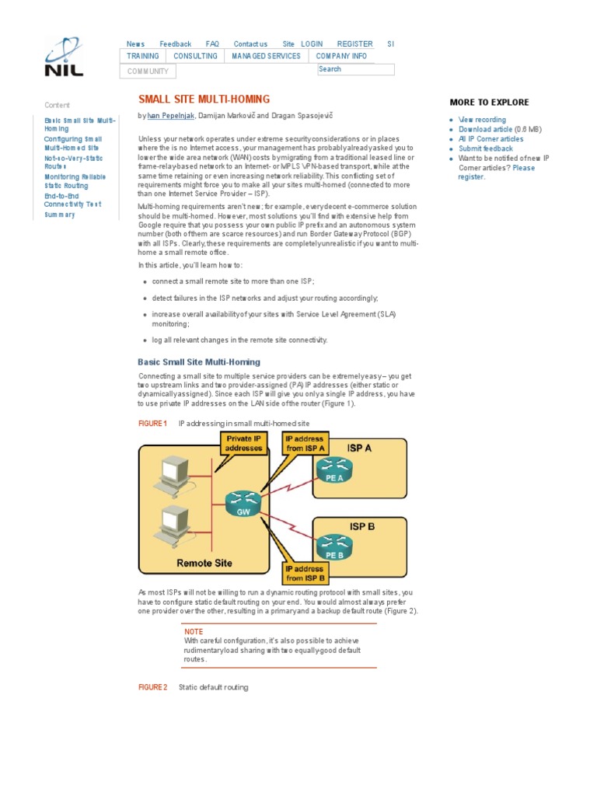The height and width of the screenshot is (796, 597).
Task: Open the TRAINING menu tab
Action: click(143, 57)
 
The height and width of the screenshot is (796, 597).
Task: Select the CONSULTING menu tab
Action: click(195, 57)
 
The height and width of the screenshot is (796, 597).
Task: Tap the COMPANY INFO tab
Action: click(341, 57)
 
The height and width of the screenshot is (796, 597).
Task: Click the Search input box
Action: click(355, 69)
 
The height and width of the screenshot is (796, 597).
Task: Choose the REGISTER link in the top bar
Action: click(354, 44)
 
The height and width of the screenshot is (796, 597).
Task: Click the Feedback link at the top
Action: click(175, 44)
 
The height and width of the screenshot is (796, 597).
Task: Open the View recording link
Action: click(482, 120)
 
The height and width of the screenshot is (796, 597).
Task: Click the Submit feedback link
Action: click(485, 148)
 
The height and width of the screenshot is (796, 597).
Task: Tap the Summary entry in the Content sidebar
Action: click(60, 215)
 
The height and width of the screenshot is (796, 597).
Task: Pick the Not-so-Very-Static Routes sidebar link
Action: click(75, 162)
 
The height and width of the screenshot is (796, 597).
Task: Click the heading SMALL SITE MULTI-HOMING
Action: click(204, 99)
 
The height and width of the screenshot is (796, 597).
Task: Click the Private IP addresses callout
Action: click(243, 444)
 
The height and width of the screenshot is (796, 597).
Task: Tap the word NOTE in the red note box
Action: click(194, 632)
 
